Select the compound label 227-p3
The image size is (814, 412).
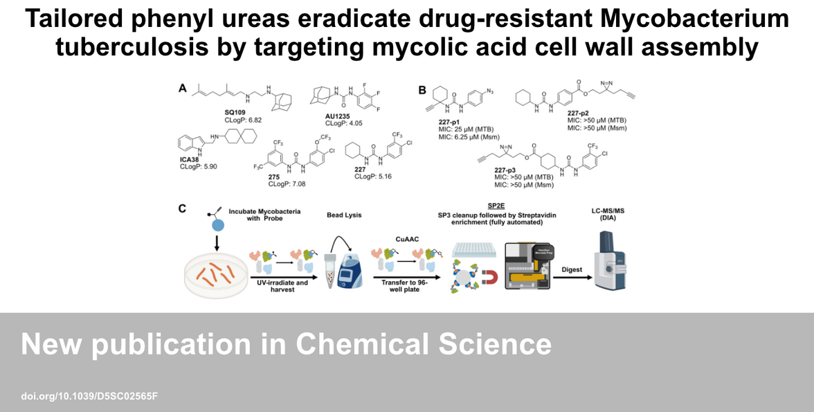point(510,170)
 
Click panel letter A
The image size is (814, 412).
point(183,88)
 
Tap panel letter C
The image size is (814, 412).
point(183,208)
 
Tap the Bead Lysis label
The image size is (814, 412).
point(344,215)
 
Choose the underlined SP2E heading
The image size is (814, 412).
point(494,206)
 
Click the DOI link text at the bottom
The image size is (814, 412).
point(90,396)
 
